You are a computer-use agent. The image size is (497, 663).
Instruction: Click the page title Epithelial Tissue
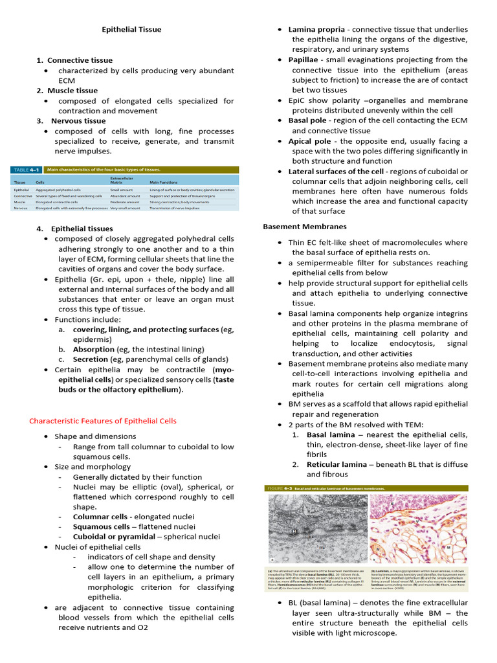132,29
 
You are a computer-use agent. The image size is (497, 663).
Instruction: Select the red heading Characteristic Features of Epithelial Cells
102,421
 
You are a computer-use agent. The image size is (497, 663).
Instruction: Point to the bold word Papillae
307,60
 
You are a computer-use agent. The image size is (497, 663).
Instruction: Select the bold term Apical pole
309,141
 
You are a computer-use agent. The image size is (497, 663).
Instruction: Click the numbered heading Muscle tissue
72,91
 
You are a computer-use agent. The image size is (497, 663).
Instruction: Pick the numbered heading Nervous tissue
78,121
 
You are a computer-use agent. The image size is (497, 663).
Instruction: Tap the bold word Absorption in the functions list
93,349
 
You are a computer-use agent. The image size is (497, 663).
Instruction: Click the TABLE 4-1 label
26,170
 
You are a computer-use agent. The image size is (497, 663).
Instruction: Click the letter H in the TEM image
294,530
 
